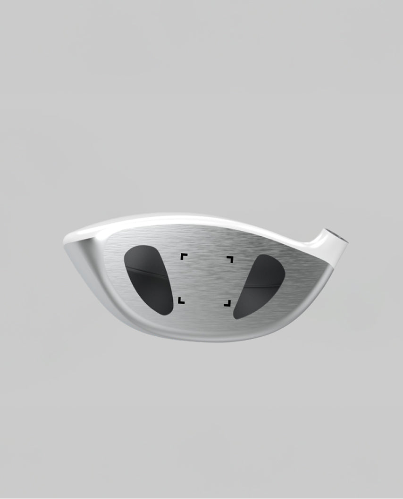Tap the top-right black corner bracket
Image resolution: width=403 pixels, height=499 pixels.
[230, 259]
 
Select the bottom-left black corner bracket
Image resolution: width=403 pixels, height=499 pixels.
[181, 300]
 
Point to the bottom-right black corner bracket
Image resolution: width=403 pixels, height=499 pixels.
[227, 303]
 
